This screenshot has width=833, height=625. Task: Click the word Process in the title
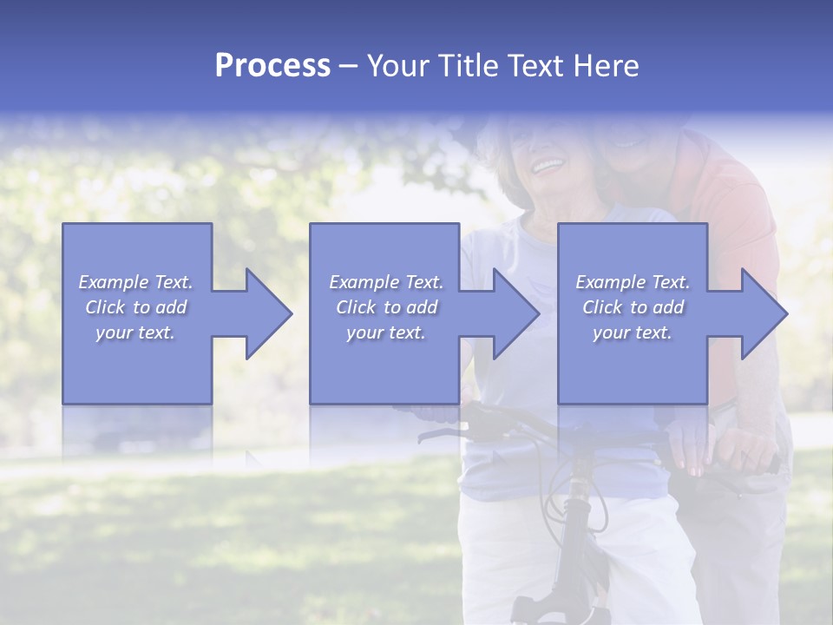tap(272, 66)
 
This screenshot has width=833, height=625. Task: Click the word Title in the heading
tap(466, 66)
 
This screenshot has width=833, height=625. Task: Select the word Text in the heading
tap(535, 66)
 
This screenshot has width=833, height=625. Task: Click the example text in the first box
tap(136, 307)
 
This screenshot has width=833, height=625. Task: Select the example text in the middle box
tap(386, 307)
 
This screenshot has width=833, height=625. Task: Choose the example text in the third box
tap(633, 307)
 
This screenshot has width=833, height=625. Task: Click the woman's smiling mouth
tap(548, 163)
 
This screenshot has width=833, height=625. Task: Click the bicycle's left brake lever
tap(443, 432)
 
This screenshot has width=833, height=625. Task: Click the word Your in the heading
tap(398, 66)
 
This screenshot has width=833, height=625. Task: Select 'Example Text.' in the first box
tap(136, 282)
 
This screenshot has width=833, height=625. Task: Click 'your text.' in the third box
tap(633, 332)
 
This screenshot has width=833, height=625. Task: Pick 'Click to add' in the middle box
tap(386, 307)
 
